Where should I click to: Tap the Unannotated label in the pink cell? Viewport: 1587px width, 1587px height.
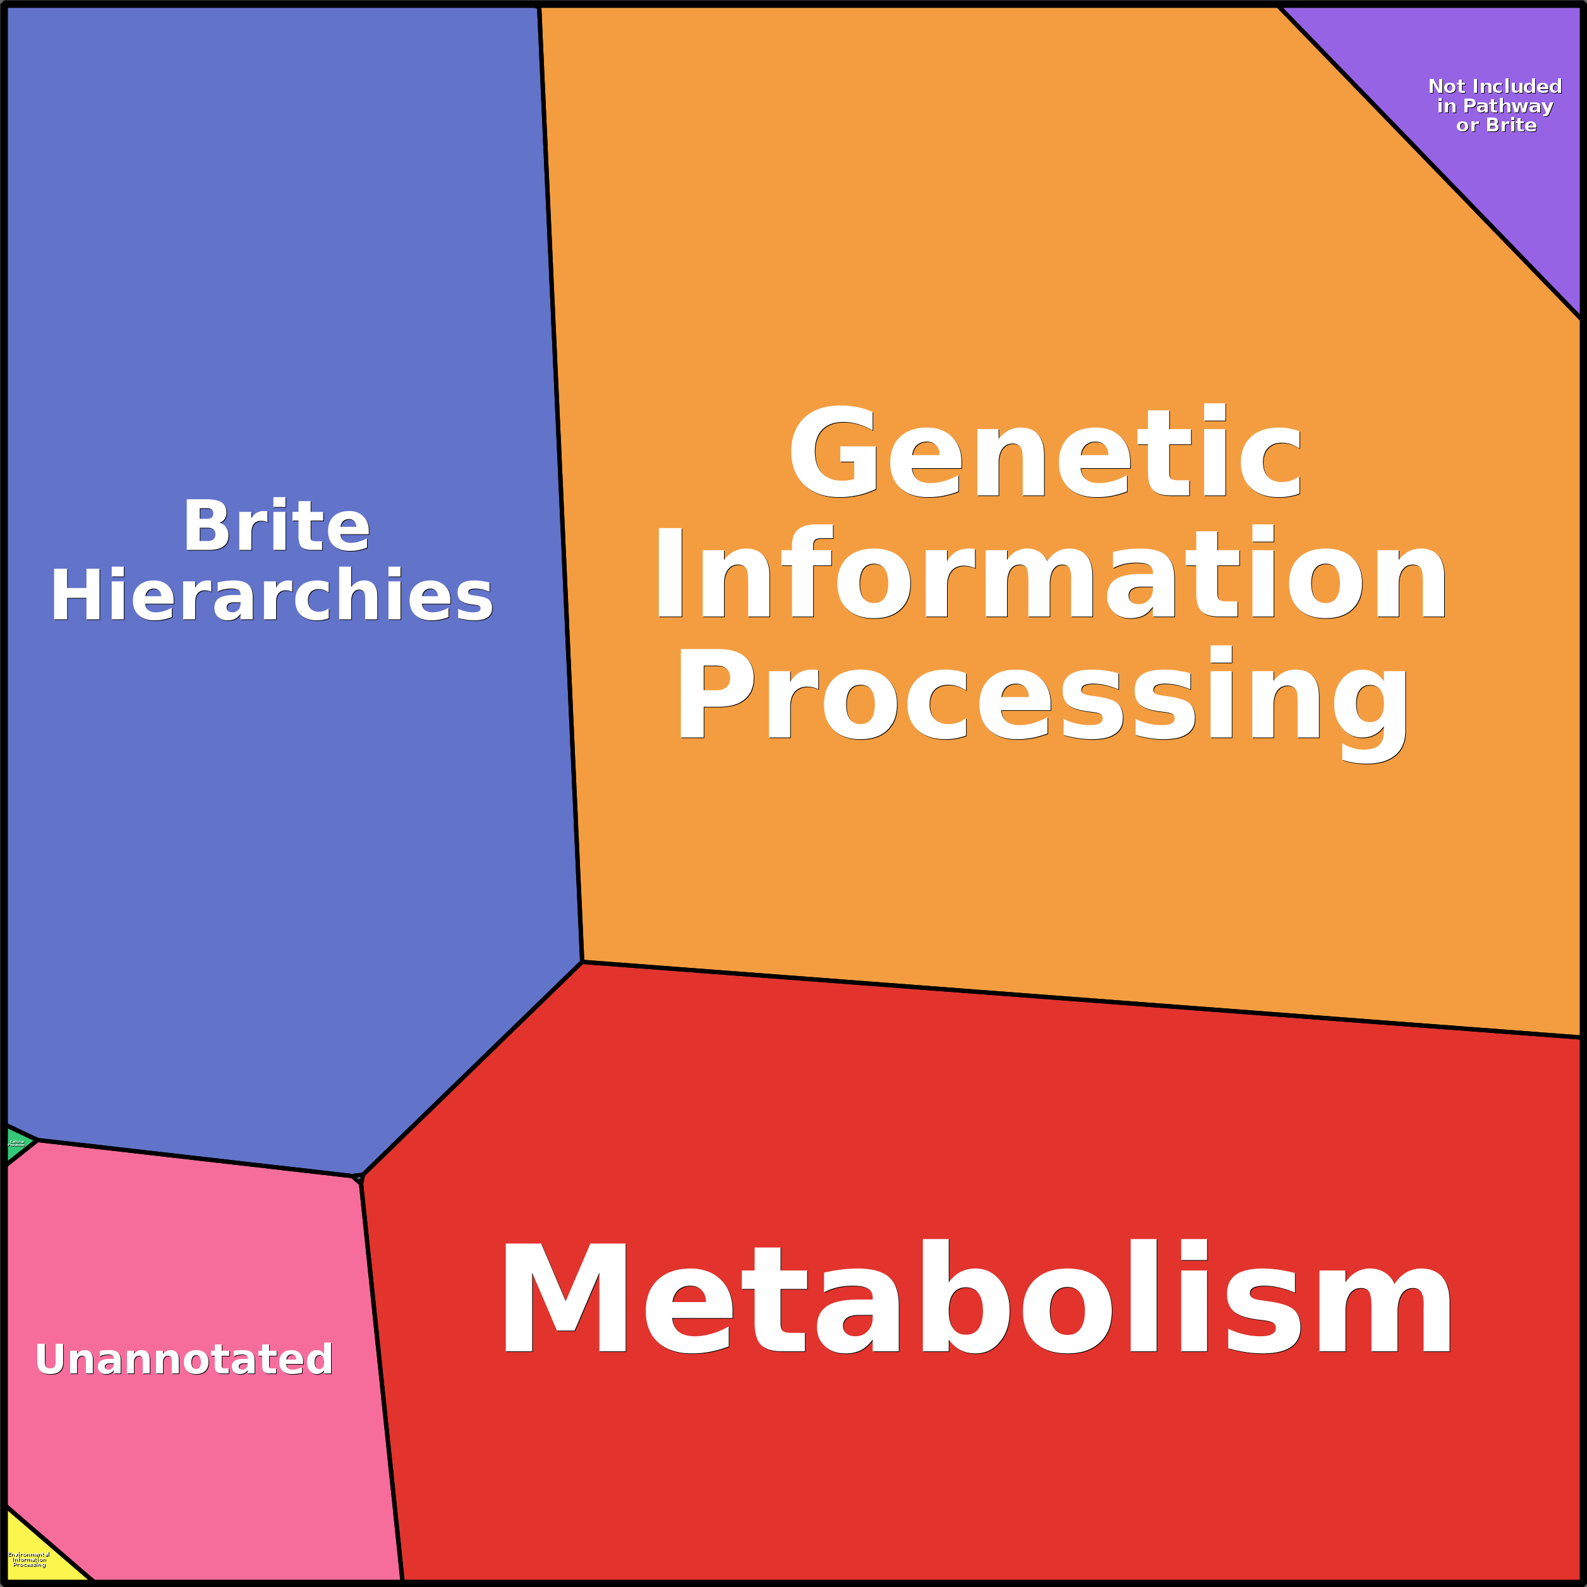[184, 1359]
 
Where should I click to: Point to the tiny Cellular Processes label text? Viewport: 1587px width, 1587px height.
[16, 1143]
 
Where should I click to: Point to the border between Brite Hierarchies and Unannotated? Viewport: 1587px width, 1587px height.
[197, 1157]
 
